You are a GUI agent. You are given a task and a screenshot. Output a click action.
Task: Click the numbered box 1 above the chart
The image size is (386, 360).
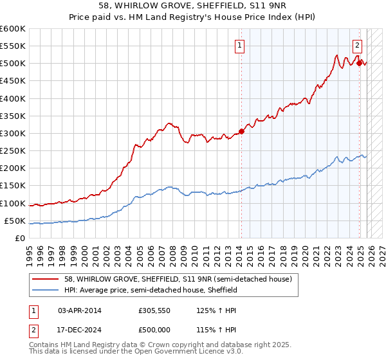(x=239, y=45)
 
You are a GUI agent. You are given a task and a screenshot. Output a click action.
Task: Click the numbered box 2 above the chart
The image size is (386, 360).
(x=357, y=45)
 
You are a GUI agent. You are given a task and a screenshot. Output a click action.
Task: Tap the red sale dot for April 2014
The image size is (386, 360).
(x=241, y=131)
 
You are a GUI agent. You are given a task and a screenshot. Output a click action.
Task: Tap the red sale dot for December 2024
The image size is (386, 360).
(x=359, y=63)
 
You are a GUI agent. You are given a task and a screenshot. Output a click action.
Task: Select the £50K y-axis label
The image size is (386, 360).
(x=15, y=221)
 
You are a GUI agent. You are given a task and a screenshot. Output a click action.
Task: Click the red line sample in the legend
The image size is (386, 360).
(x=46, y=279)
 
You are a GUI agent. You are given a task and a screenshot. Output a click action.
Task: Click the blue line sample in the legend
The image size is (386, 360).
(x=46, y=290)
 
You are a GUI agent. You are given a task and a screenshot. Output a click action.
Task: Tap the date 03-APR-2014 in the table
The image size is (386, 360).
(x=79, y=310)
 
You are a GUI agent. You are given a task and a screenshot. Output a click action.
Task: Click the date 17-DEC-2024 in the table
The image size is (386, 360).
(x=79, y=329)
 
